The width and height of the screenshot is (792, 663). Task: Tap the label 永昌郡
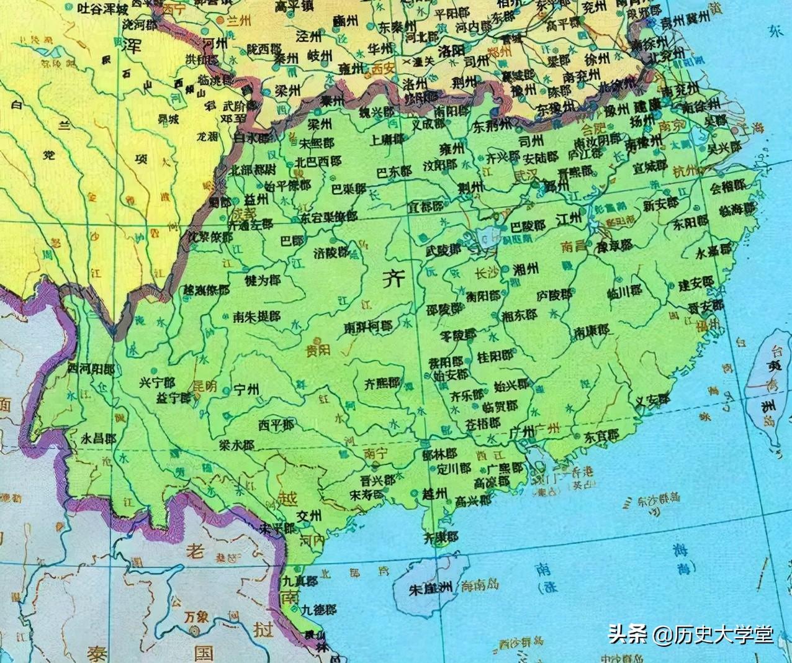[99, 438]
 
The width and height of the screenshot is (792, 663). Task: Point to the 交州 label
[308, 516]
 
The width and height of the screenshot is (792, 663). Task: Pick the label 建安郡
[696, 284]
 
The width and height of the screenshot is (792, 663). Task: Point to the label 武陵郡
[444, 250]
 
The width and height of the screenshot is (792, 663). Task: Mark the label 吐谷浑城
[105, 9]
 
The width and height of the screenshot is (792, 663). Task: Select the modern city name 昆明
[205, 386]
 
